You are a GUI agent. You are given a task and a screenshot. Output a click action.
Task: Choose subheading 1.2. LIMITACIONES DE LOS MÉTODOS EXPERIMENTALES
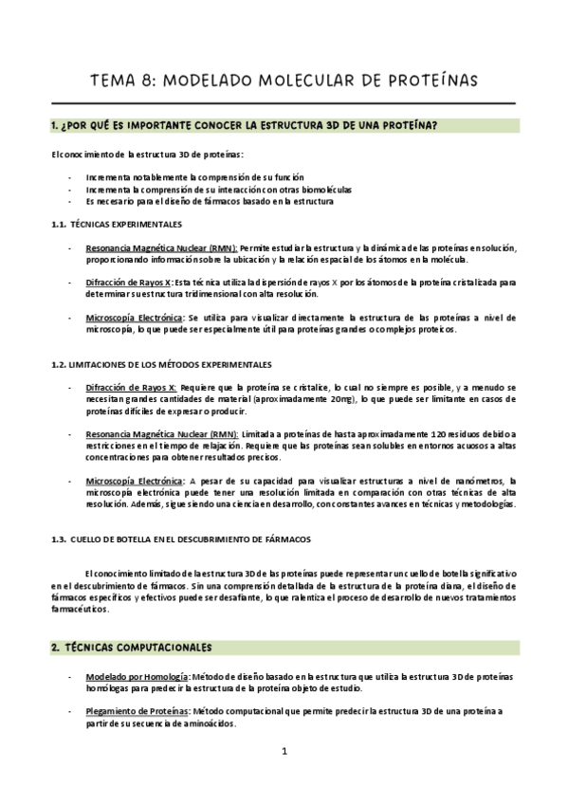pos(161,364)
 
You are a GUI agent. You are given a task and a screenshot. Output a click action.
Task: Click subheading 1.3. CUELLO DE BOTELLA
pos(180,539)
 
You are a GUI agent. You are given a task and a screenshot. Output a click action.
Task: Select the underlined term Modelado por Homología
pos(137,677)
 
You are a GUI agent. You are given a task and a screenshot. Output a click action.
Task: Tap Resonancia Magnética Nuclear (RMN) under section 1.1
pos(161,247)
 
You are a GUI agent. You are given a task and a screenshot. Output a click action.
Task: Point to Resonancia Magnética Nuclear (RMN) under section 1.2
pos(161,433)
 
